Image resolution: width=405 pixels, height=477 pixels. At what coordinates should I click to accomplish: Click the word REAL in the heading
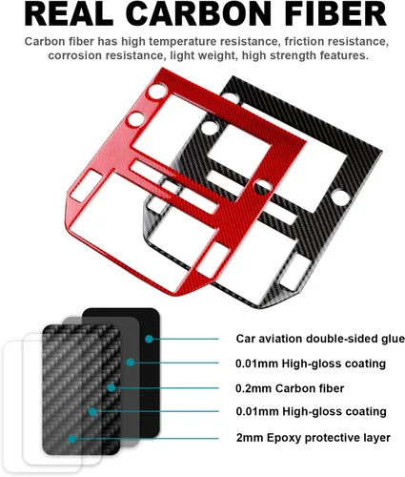pyautogui.click(x=69, y=14)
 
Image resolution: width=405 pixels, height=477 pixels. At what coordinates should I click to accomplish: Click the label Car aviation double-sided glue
pyautogui.click(x=320, y=339)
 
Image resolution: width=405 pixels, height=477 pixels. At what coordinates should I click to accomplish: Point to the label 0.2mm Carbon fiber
pyautogui.click(x=290, y=388)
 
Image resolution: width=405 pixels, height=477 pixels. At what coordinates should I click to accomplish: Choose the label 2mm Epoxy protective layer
pyautogui.click(x=314, y=438)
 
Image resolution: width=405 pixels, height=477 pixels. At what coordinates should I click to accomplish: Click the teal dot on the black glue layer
pyautogui.click(x=149, y=339)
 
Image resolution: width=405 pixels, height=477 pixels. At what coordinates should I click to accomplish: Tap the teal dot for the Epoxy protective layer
pyautogui.click(x=72, y=439)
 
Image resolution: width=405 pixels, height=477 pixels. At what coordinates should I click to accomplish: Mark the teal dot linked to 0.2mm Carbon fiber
pyautogui.click(x=111, y=387)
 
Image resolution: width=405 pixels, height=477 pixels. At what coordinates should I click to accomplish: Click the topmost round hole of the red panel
pyautogui.click(x=157, y=91)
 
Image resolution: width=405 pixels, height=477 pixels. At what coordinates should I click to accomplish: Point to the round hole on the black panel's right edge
pyautogui.click(x=341, y=197)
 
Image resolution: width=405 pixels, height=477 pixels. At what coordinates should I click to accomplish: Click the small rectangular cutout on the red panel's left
pyautogui.click(x=86, y=186)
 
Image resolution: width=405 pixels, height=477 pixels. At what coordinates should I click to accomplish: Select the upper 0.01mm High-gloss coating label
pyautogui.click(x=311, y=363)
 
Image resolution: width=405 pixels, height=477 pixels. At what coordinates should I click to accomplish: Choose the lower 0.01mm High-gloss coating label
pyautogui.click(x=311, y=411)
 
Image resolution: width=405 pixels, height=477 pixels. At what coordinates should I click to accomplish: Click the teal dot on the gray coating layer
pyautogui.click(x=130, y=363)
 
